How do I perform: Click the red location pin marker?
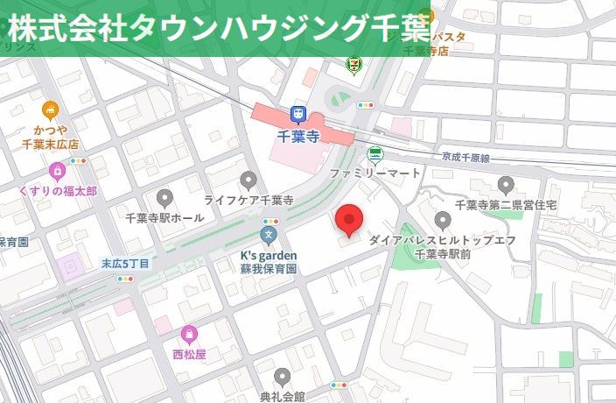point(350,219)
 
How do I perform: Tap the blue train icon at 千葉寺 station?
point(298,115)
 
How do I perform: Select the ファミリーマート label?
point(375,173)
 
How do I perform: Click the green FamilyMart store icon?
point(375,155)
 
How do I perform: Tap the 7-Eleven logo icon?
point(353,64)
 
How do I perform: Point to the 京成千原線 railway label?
point(465,158)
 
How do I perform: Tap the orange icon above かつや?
point(50,110)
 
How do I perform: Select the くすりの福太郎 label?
point(58,190)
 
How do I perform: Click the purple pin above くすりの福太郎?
point(58,169)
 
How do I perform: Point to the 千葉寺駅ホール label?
point(164,217)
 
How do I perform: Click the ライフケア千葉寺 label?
point(248,200)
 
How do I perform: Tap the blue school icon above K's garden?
point(269,235)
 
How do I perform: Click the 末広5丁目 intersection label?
point(125,263)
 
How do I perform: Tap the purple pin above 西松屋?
point(189,334)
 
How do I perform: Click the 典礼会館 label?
point(282,396)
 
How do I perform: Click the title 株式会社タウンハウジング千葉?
point(219,28)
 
